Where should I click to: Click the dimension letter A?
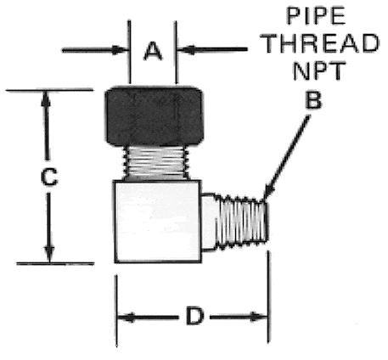tap(153, 51)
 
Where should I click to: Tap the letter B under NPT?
tap(313, 100)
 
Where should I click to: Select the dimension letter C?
tap(49, 177)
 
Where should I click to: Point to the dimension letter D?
tap(194, 316)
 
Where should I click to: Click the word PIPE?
tap(316, 16)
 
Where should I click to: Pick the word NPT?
tap(319, 70)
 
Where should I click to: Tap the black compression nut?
tap(155, 116)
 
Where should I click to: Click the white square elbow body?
tap(158, 222)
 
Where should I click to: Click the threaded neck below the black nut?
tap(156, 162)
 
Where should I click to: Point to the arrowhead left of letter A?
tap(119, 50)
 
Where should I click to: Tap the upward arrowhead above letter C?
tap(46, 99)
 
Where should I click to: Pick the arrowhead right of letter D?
tap(258, 317)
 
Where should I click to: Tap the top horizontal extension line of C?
tap(49, 90)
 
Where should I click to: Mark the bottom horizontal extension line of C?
tap(55, 264)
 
